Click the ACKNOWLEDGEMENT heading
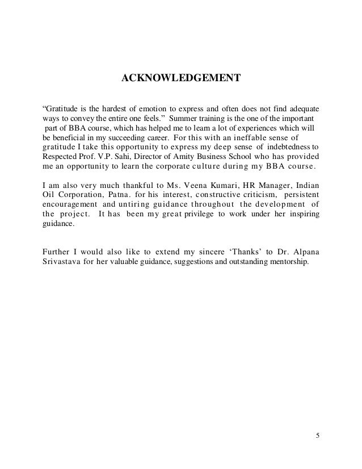coord(182,77)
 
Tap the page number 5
coord(317,436)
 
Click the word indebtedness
coord(289,148)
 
